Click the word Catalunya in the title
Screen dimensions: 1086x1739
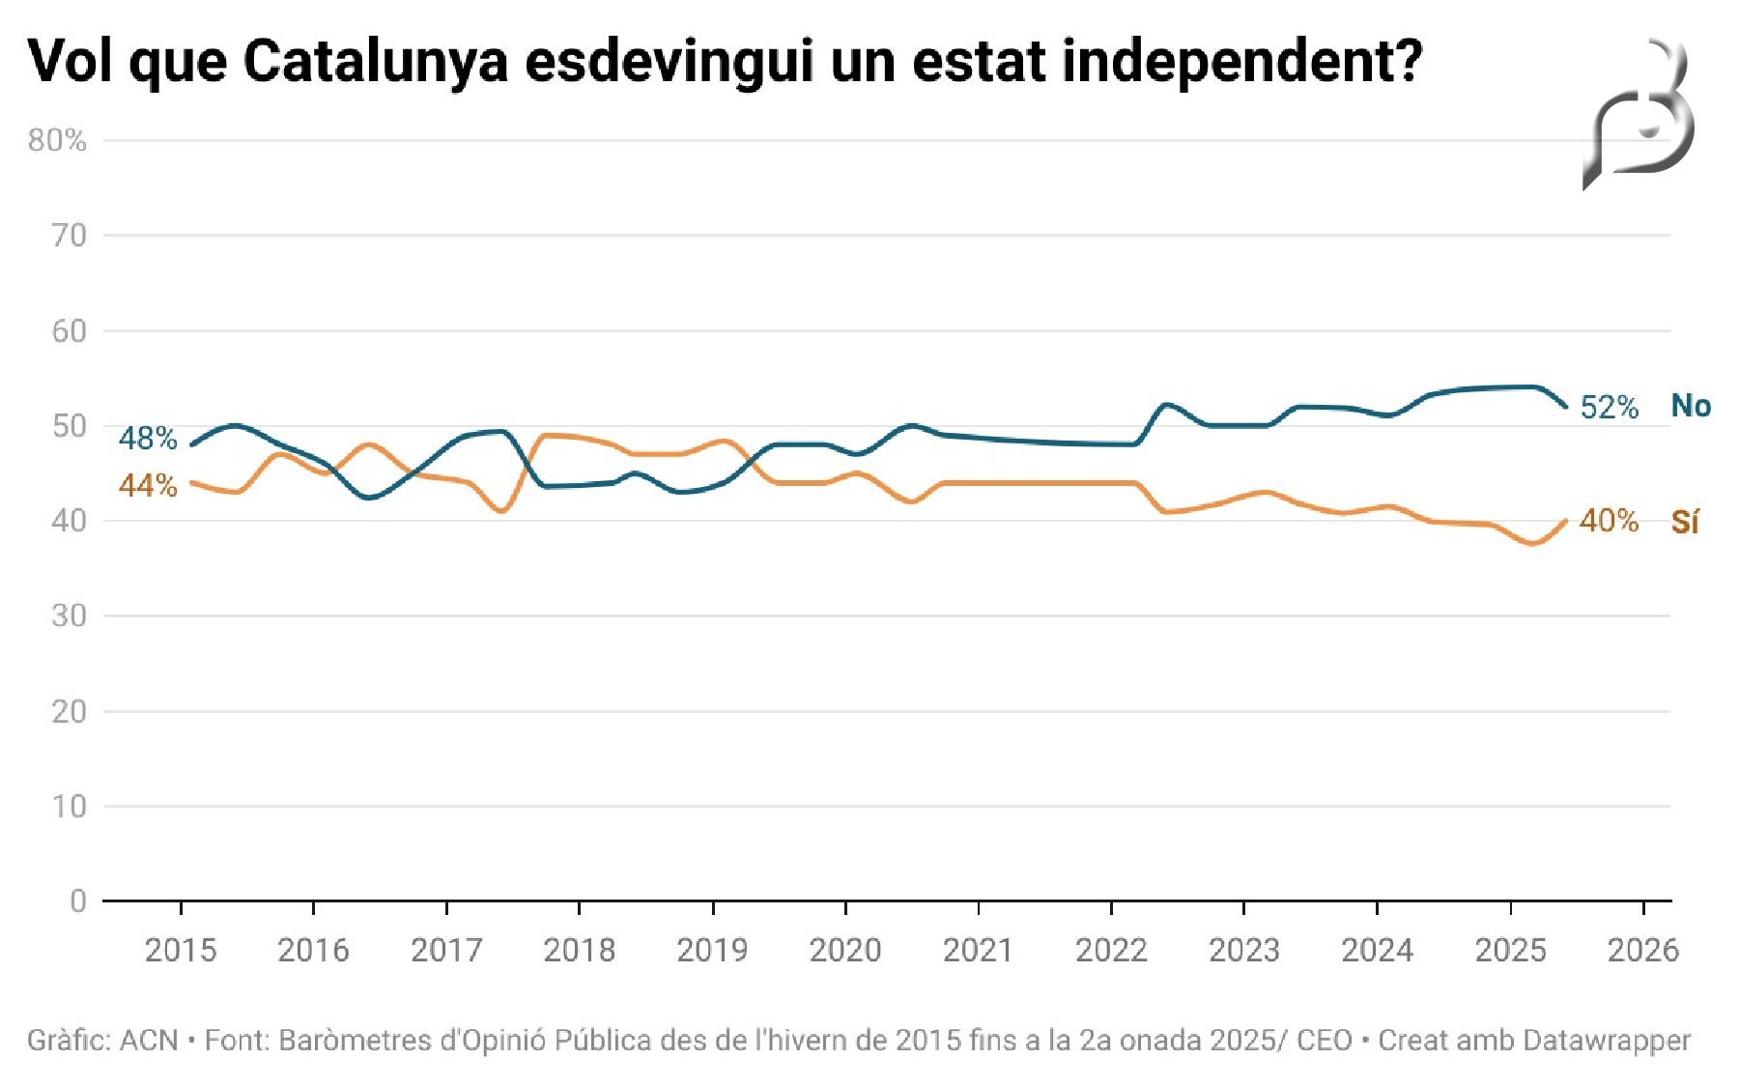coord(375,62)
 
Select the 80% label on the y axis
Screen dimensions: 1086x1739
coord(57,141)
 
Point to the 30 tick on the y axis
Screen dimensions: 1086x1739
coord(69,615)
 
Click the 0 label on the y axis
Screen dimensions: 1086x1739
coord(78,901)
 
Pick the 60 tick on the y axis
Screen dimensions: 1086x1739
coord(69,331)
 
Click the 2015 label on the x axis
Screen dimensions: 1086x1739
coord(181,951)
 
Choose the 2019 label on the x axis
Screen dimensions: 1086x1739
coord(712,951)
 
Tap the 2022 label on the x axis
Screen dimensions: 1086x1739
coord(1111,951)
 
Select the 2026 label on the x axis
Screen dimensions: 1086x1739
coord(1642,951)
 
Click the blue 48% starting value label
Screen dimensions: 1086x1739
coord(148,439)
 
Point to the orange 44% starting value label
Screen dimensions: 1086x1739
coord(148,485)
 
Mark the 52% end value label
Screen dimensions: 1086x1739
coord(1609,408)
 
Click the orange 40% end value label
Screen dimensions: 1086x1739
coord(1609,522)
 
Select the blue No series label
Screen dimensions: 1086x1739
coord(1691,407)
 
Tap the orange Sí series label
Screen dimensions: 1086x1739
coord(1685,522)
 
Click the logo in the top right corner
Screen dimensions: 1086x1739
coord(1640,114)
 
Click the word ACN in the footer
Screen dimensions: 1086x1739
coord(149,1041)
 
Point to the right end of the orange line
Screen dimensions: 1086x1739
coord(1565,522)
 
